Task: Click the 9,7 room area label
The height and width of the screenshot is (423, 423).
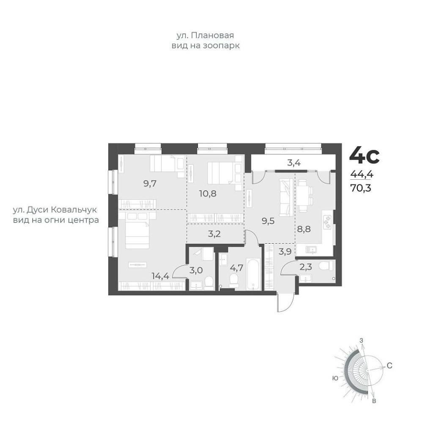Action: click(x=150, y=184)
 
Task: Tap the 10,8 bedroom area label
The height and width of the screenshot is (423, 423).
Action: click(x=208, y=193)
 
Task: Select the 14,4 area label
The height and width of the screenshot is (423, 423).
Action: click(x=160, y=276)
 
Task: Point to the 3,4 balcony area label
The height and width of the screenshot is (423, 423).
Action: click(x=294, y=163)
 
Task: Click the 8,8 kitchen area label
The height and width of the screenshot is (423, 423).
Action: click(x=304, y=229)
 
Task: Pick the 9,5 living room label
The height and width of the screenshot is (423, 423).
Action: click(x=268, y=221)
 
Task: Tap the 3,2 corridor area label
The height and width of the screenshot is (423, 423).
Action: click(x=214, y=233)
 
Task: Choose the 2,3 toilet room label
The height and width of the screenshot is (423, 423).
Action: click(x=306, y=267)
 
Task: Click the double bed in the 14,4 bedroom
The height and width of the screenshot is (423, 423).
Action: click(x=137, y=230)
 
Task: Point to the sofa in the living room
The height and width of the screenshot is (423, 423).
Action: click(x=286, y=197)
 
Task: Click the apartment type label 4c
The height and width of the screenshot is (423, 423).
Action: click(x=364, y=156)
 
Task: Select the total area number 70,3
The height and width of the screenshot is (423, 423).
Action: click(x=361, y=187)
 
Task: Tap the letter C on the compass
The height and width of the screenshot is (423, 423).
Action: click(x=389, y=366)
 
